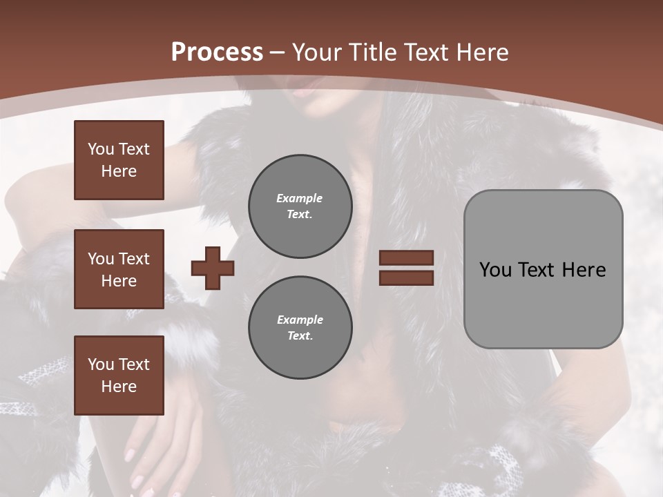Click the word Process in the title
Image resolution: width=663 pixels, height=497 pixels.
(x=217, y=52)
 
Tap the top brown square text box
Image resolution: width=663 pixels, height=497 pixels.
(x=119, y=160)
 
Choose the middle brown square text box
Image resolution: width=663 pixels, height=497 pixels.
(x=119, y=269)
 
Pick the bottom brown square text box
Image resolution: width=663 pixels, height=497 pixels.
(x=119, y=376)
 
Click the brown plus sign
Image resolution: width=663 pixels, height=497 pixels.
(x=213, y=268)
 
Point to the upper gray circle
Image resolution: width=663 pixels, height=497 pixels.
(x=300, y=206)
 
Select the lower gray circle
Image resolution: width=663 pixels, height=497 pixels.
(x=300, y=328)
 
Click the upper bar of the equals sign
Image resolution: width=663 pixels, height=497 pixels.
(x=406, y=257)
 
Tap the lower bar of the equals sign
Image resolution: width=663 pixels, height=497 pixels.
(x=406, y=277)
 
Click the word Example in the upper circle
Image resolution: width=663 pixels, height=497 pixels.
(x=299, y=198)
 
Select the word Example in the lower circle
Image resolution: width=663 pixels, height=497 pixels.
(x=300, y=320)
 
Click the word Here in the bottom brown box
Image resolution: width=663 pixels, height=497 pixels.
(x=119, y=387)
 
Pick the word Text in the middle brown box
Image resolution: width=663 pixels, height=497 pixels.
(x=134, y=259)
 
